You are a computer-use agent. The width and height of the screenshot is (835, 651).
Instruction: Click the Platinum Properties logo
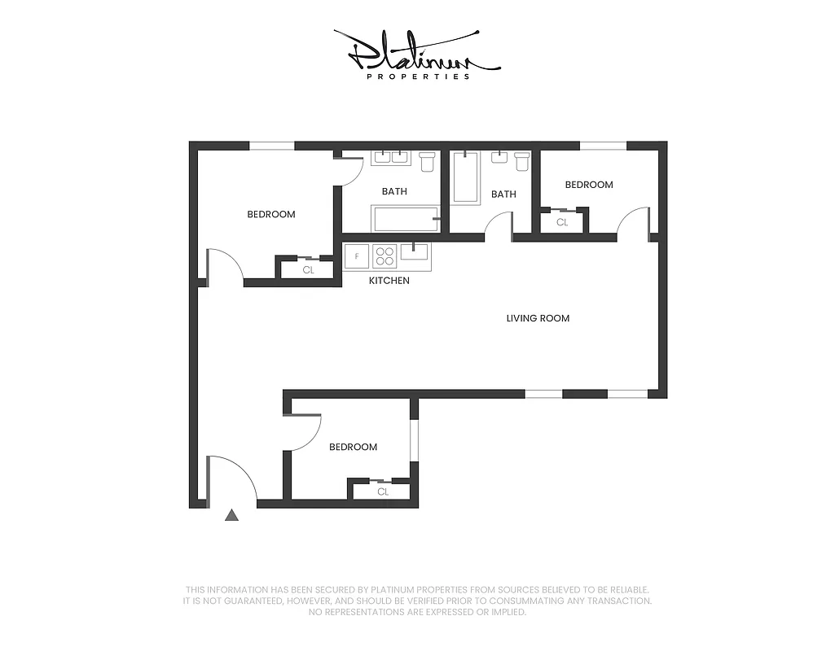(416, 55)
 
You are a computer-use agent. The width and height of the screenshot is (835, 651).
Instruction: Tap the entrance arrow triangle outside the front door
(232, 514)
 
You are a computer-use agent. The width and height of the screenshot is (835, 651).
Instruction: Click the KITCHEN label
(389, 281)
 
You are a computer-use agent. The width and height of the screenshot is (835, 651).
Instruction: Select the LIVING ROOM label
(538, 318)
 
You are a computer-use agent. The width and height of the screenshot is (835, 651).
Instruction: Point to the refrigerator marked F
(357, 256)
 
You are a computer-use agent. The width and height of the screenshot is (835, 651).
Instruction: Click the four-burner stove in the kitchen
(385, 256)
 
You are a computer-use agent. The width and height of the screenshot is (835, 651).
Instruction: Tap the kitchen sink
(415, 252)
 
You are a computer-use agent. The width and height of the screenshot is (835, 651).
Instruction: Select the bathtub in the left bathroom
(406, 218)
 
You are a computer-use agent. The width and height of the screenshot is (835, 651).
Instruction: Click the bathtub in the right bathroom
(466, 177)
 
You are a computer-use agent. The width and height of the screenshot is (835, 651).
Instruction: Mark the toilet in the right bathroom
(522, 161)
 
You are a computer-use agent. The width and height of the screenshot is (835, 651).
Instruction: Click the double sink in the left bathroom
(390, 157)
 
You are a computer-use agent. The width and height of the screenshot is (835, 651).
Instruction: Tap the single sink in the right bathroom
(499, 157)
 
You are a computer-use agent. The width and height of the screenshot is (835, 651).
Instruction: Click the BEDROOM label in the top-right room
(589, 185)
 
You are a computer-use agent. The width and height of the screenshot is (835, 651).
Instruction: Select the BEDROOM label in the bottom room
(353, 447)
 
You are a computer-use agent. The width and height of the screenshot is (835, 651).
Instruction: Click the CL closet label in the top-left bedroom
(308, 270)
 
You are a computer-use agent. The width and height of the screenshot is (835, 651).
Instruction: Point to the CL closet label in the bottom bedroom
(382, 492)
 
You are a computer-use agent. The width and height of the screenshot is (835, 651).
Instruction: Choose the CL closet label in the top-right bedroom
(562, 222)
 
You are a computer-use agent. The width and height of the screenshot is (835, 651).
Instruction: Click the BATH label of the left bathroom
(394, 192)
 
